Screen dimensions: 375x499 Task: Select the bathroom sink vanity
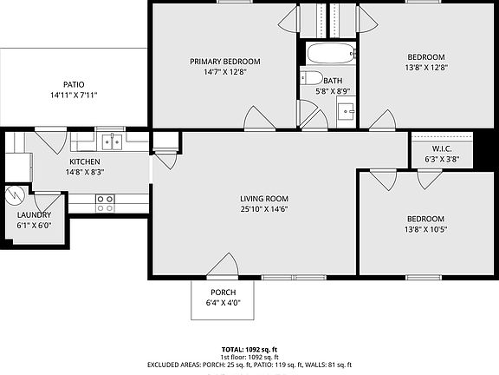(347, 110)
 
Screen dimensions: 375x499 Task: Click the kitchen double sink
(109, 141)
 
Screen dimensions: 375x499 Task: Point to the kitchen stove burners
(105, 203)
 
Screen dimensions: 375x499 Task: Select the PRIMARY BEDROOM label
(225, 62)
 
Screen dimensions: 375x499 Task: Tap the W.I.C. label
(442, 148)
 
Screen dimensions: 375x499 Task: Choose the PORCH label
(222, 292)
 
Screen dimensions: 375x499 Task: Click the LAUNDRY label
(35, 215)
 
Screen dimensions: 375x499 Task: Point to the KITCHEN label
(85, 161)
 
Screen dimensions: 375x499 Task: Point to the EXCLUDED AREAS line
(249, 365)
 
